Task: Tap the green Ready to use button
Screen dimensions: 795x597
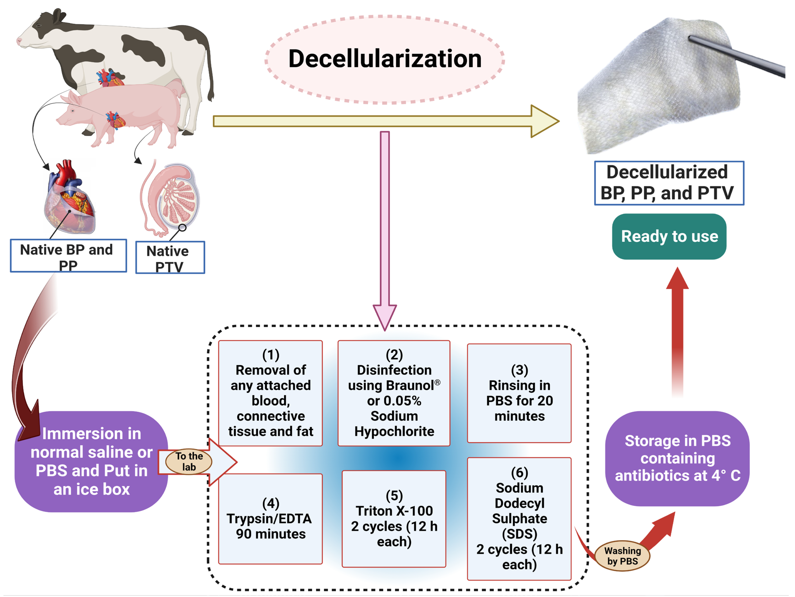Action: point(669,237)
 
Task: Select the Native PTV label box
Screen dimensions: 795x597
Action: point(170,257)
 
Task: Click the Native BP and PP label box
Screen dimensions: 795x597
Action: point(68,256)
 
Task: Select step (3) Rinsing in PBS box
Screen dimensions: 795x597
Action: point(519,393)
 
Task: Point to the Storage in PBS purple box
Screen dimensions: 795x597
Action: point(677,458)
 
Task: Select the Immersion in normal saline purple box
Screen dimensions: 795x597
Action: point(91,461)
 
